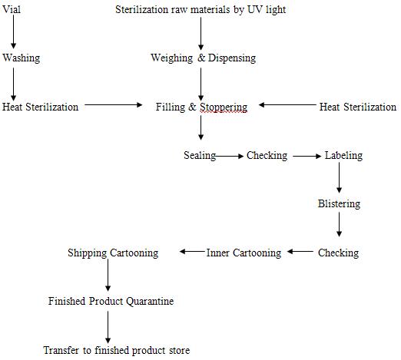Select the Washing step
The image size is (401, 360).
click(x=22, y=58)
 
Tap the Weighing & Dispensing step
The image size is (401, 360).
click(x=203, y=58)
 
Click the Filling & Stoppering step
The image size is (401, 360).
click(x=201, y=107)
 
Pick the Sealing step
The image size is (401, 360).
click(x=199, y=156)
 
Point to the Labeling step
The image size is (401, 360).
click(x=343, y=156)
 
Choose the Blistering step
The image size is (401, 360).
click(x=339, y=204)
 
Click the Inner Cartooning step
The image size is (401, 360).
click(x=244, y=253)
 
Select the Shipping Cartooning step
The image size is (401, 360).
click(x=113, y=253)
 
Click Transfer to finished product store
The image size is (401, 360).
click(x=116, y=350)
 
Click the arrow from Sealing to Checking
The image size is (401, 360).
click(x=230, y=156)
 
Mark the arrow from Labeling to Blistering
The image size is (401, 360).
click(x=339, y=180)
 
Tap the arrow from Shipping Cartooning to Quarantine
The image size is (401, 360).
click(x=108, y=276)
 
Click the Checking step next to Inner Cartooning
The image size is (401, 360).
click(x=338, y=253)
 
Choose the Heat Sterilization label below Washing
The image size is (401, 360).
click(x=41, y=107)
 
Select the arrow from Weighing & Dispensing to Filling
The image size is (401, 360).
click(x=201, y=83)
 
